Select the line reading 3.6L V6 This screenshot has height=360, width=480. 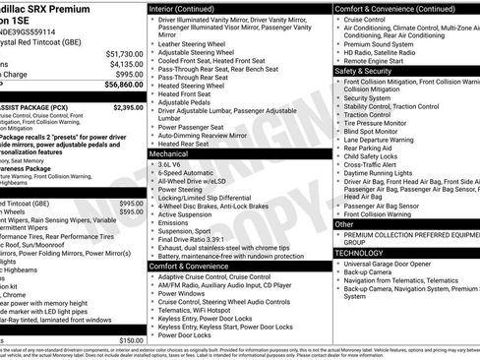[x=171, y=165]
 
